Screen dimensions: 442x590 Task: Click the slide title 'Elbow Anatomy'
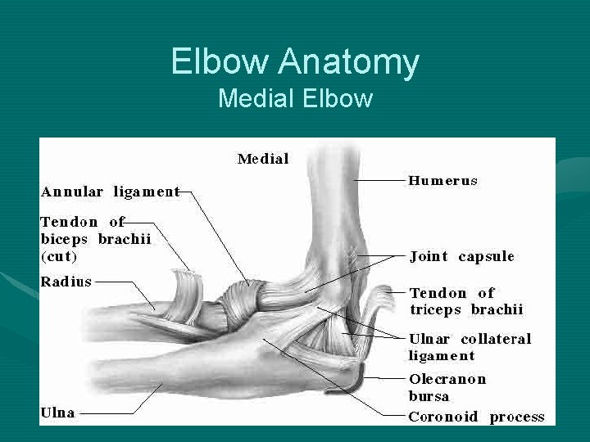(x=295, y=62)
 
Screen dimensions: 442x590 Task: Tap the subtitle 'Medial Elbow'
(x=295, y=99)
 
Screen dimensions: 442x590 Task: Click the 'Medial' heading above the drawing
(x=263, y=159)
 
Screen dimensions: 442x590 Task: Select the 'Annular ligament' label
(x=110, y=192)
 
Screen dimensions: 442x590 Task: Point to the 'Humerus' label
(x=442, y=180)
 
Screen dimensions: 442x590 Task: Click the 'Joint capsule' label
(x=462, y=256)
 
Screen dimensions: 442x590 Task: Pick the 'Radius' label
(x=66, y=281)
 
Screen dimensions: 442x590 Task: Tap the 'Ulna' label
(x=58, y=413)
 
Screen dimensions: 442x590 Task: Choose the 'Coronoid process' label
(x=476, y=417)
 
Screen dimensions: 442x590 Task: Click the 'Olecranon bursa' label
(x=447, y=387)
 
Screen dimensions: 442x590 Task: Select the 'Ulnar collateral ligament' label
(x=470, y=347)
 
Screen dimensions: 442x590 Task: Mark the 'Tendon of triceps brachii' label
(x=465, y=300)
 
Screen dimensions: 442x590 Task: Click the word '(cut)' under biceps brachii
(x=59, y=256)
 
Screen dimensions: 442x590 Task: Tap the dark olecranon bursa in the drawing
(x=354, y=377)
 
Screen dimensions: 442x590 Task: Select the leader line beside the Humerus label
(x=379, y=179)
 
